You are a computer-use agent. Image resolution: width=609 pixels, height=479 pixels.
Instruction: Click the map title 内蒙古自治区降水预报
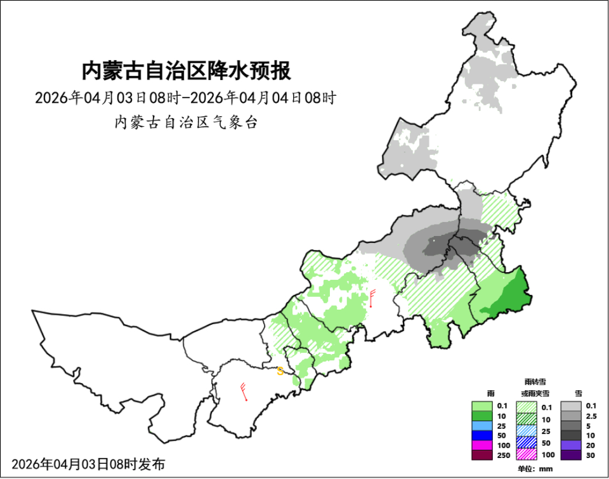[186, 70]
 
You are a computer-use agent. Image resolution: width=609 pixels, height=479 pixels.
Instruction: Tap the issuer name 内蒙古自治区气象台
[186, 122]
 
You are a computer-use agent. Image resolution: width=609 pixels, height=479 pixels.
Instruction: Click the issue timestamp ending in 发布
[88, 464]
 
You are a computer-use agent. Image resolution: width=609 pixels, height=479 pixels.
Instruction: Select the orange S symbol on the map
[280, 372]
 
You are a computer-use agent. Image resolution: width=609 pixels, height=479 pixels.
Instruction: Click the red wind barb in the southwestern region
[244, 392]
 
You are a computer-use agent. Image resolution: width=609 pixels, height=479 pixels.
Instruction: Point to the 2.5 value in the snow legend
[591, 416]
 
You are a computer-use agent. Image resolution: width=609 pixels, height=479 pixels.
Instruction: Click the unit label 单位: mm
[535, 469]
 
